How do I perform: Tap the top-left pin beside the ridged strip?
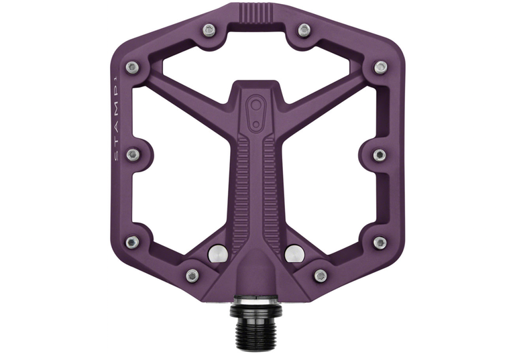point(209,29)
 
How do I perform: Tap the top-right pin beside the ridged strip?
point(304,29)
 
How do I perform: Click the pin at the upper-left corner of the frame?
point(133,66)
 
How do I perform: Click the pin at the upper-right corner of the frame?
point(380,66)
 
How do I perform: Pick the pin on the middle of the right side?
point(380,155)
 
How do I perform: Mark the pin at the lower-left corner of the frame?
point(133,242)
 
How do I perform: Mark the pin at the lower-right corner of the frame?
point(380,242)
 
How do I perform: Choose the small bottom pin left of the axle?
point(192,275)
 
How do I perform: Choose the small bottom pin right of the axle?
point(321,275)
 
